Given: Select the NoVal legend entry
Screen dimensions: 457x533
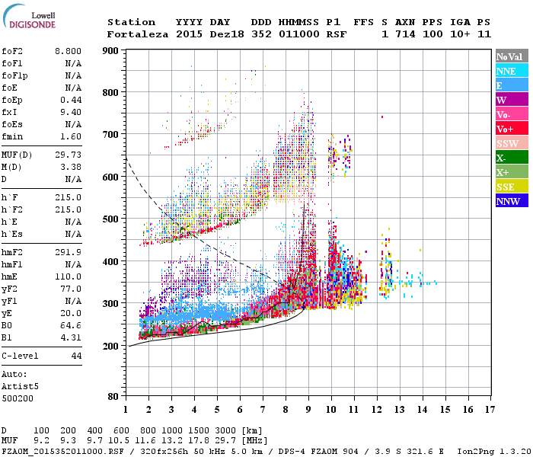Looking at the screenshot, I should pyautogui.click(x=511, y=56).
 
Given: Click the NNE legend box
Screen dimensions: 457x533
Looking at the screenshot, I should pyautogui.click(x=511, y=71).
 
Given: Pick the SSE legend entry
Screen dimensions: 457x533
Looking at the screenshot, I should pyautogui.click(x=511, y=187).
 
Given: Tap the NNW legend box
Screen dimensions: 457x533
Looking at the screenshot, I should pyautogui.click(x=511, y=202).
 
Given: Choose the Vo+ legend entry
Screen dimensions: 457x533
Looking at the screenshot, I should pyautogui.click(x=511, y=129).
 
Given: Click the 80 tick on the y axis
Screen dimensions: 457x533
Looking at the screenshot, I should pyautogui.click(x=113, y=396).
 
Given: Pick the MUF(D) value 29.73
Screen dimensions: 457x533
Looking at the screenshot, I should pyautogui.click(x=69, y=155).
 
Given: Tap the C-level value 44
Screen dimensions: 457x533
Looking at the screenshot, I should pyautogui.click(x=76, y=356).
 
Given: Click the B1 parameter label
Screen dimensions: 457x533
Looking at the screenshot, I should pyautogui.click(x=8, y=337).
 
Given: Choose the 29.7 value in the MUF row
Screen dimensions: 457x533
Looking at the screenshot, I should pyautogui.click(x=229, y=441).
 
